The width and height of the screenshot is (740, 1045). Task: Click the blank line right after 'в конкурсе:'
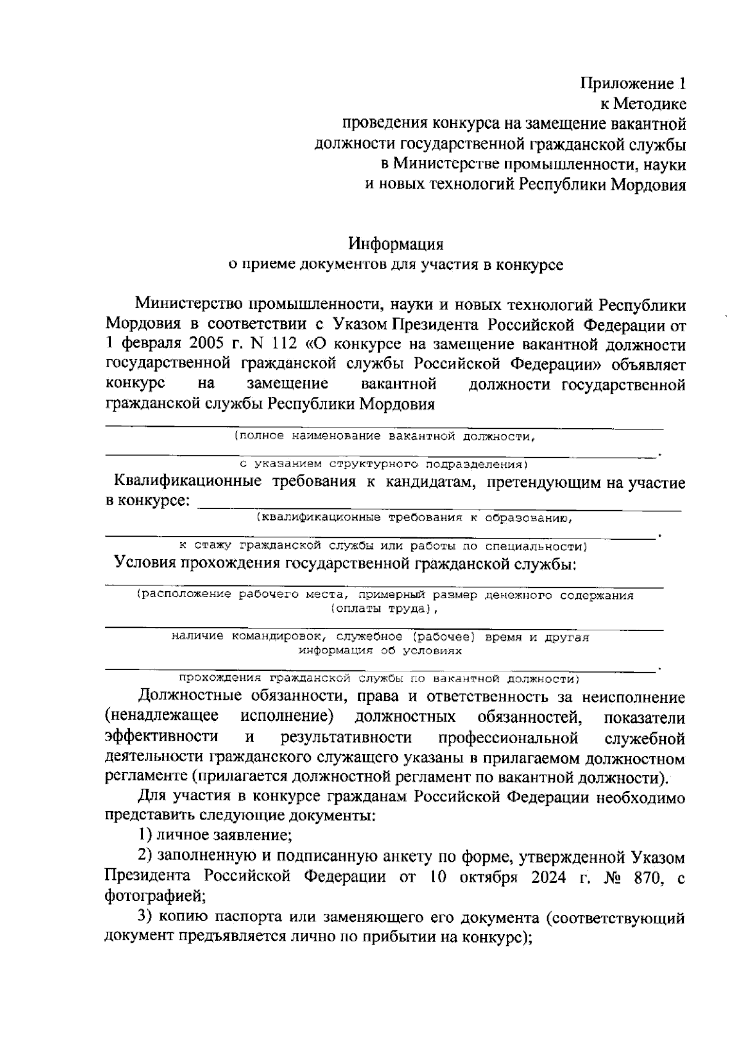438,505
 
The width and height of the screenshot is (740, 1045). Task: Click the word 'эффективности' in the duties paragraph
162,738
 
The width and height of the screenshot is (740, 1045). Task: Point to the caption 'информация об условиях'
380,651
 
